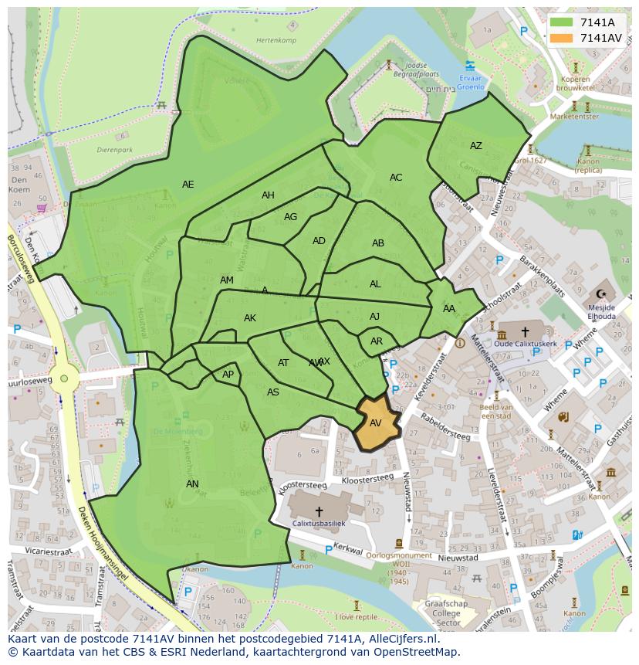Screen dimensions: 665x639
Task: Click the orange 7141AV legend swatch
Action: click(x=562, y=38)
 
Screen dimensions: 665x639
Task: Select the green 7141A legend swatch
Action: click(x=562, y=22)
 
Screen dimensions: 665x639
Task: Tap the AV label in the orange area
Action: click(x=376, y=423)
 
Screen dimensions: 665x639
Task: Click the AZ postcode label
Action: click(x=476, y=146)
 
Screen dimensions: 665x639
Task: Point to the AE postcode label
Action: click(x=188, y=185)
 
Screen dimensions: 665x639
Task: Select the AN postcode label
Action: click(x=192, y=484)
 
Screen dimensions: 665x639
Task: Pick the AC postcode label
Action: click(x=396, y=178)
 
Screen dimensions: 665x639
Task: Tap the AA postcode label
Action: click(x=449, y=309)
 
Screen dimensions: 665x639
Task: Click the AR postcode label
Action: click(x=377, y=341)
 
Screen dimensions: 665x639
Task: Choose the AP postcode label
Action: click(x=228, y=375)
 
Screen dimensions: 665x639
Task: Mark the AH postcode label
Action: click(x=268, y=195)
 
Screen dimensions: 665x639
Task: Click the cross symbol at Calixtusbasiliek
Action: click(x=319, y=511)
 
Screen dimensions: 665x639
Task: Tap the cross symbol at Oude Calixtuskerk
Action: click(x=525, y=332)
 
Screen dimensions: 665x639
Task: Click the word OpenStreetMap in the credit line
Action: click(x=414, y=652)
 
